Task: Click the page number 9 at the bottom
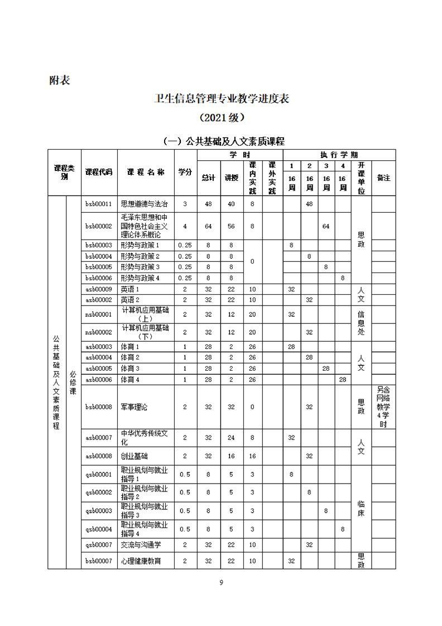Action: tap(222, 583)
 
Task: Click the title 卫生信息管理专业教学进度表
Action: tap(222, 99)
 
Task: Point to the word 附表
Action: tap(60, 80)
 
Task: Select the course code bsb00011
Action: tap(99, 204)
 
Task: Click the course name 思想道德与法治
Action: tap(144, 204)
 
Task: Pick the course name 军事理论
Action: tap(135, 407)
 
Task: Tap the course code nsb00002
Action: tap(99, 332)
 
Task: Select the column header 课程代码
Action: tap(99, 172)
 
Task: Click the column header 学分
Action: tap(185, 172)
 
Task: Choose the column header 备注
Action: tap(383, 178)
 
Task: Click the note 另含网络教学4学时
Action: tap(383, 407)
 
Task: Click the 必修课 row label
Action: tap(73, 383)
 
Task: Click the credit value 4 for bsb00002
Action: tap(185, 226)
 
